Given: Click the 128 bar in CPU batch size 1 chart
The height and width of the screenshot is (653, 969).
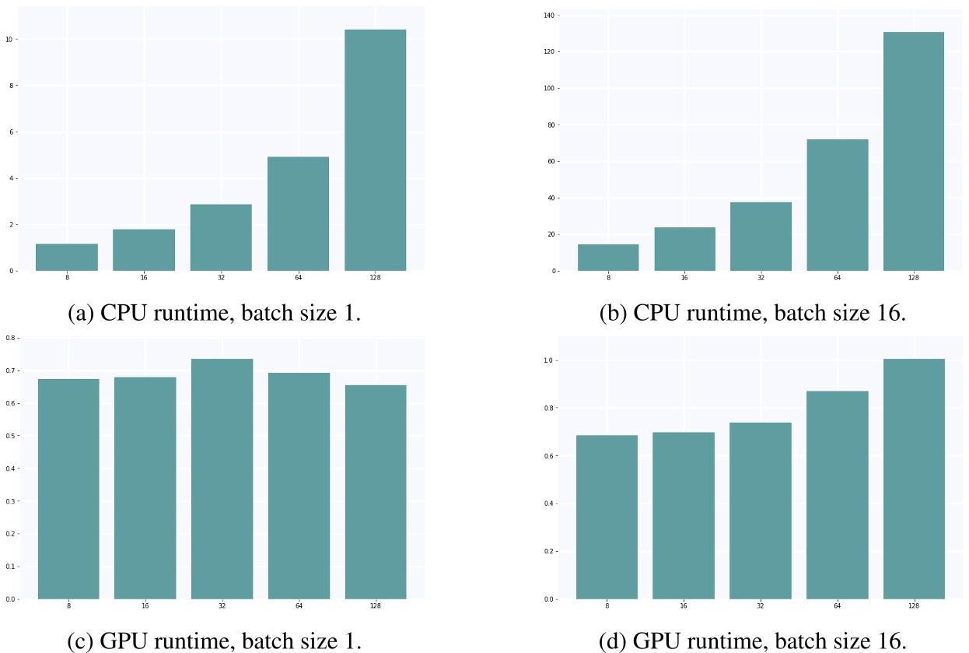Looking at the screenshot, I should pos(376,150).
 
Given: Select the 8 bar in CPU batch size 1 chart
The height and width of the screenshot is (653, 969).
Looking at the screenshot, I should pos(67,258).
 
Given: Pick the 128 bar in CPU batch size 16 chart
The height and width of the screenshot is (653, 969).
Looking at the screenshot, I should pos(914,152).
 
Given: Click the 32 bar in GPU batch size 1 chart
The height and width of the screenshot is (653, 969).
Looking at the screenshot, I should pos(222,479).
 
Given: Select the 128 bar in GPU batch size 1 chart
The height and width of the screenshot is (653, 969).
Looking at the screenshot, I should pos(376,492).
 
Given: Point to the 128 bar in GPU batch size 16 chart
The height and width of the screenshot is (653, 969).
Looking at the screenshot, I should pos(914,479).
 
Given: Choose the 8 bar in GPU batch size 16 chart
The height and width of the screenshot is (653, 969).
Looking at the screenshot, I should pos(607,517).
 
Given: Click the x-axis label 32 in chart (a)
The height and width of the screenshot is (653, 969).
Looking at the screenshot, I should pos(222,278).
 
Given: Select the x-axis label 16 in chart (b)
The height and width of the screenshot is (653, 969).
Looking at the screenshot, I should pos(684,278).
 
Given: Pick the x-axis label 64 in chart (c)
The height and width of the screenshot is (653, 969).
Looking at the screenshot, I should pos(299,606).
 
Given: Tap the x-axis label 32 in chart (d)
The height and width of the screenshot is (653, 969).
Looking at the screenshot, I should pos(761,606).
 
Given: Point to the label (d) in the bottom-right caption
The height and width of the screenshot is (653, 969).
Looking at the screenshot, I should pos(614,642).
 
